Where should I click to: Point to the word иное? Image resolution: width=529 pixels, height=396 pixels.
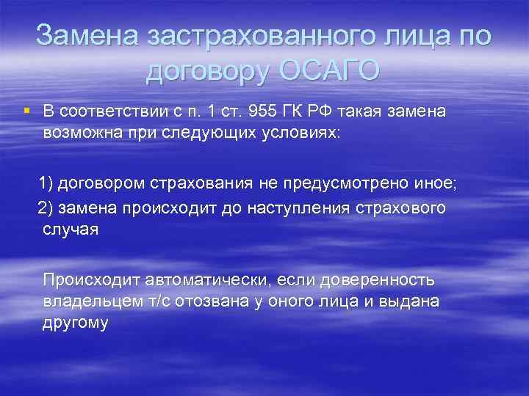click(436, 183)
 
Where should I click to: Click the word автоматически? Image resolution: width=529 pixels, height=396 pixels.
click(206, 279)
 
